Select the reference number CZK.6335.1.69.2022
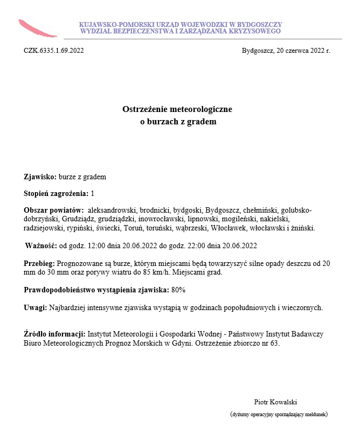point(54,51)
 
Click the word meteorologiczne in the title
point(202,109)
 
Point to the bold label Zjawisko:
point(40,177)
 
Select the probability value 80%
point(178,290)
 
